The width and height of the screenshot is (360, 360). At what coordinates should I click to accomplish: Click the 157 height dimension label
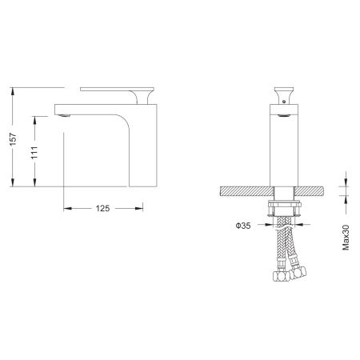13,139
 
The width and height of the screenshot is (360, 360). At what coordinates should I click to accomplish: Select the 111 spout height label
34,153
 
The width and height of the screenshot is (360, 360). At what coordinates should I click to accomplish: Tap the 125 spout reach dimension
102,208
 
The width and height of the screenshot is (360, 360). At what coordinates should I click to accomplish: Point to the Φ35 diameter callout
243,226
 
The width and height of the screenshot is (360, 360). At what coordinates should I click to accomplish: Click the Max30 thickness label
346,238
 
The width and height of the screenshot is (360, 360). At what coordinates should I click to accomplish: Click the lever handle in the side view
118,89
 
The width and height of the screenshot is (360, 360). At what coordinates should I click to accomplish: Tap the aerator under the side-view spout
64,115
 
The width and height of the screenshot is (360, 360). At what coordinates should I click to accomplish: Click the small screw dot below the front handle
284,102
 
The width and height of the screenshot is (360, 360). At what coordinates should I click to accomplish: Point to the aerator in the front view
284,115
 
